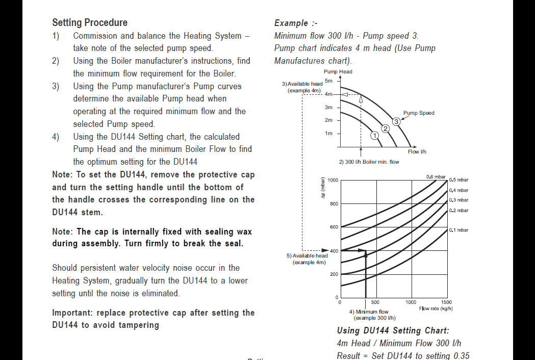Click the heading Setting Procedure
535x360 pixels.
[x=90, y=22]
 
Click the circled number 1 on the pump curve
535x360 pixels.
[x=374, y=136]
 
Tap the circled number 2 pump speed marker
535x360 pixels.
[x=386, y=128]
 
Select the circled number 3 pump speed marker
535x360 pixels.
[x=396, y=121]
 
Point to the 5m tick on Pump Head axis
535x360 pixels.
[x=329, y=81]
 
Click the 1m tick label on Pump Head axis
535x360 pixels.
[x=329, y=133]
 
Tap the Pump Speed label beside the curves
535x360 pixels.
[x=419, y=113]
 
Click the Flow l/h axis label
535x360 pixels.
[x=417, y=152]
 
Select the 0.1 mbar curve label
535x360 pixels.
[x=458, y=230]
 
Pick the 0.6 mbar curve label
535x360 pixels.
[x=436, y=176]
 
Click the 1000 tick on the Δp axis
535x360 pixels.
[x=333, y=180]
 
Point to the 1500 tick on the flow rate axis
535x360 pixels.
[x=446, y=302]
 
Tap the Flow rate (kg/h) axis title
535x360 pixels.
[x=436, y=308]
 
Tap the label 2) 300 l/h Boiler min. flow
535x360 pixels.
[x=369, y=162]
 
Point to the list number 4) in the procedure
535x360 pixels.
[x=56, y=137]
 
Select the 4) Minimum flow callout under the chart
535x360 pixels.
[x=368, y=312]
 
